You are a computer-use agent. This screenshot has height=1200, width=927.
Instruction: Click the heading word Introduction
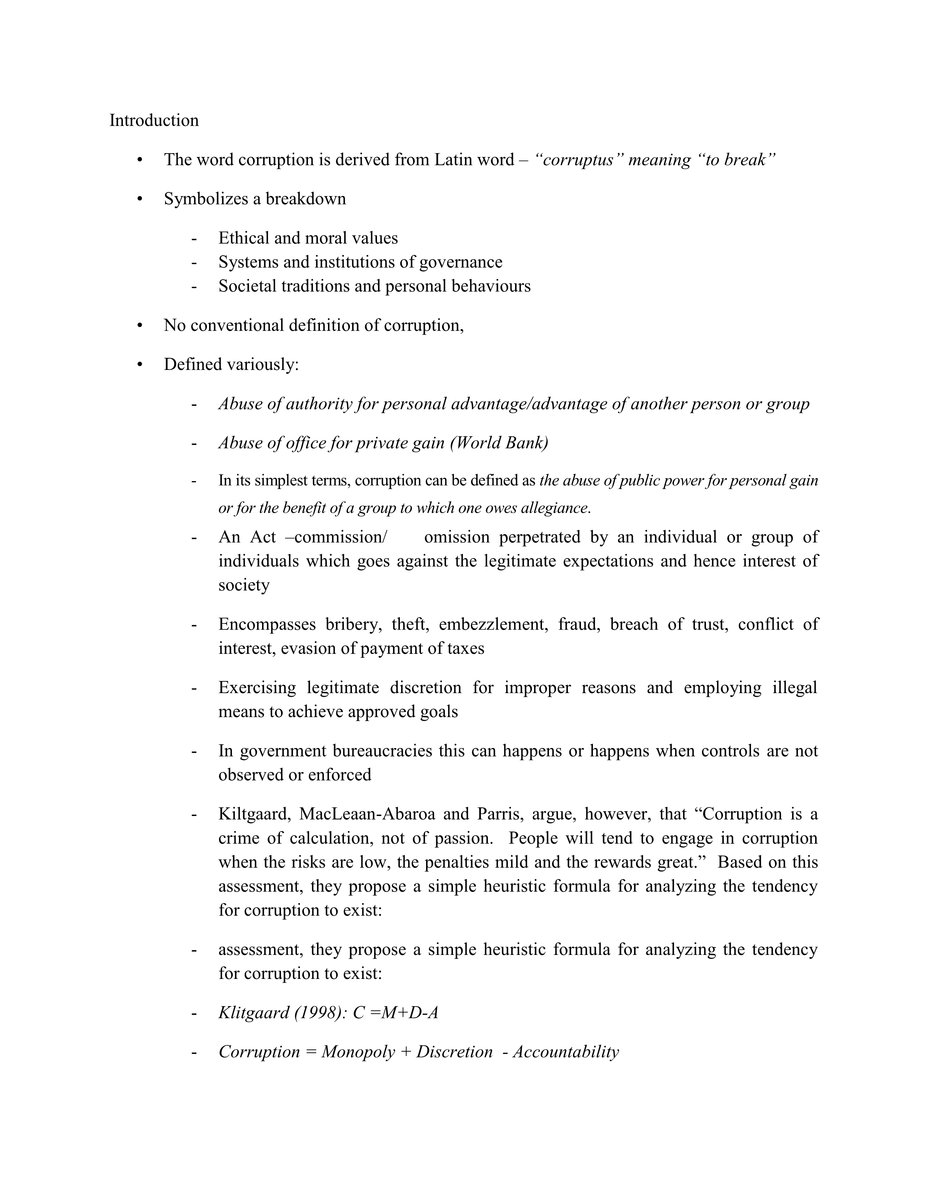154,120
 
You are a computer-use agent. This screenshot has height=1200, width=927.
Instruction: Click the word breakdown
306,199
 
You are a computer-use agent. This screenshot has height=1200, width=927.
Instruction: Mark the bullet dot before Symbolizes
140,199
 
